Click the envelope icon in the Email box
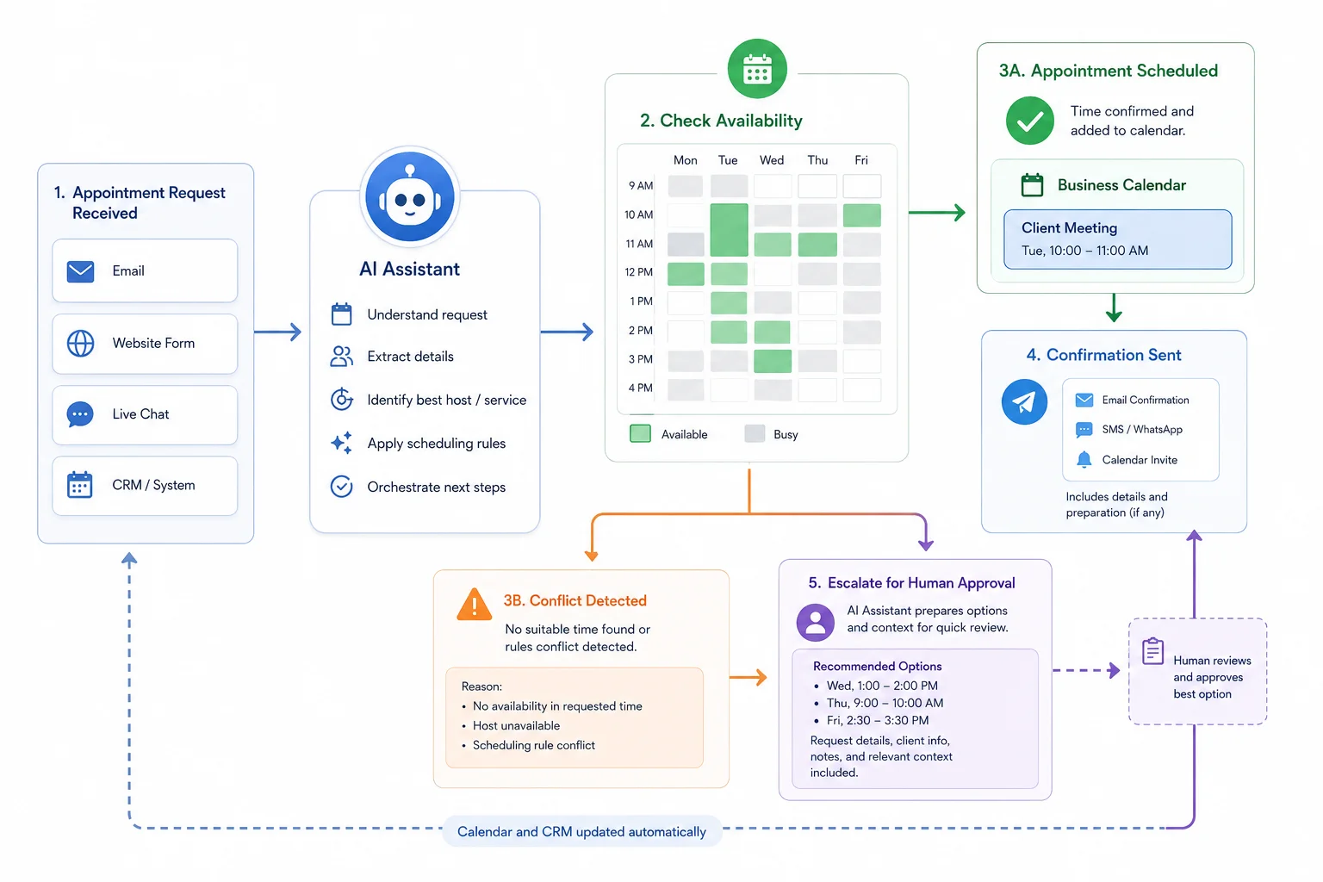(x=80, y=271)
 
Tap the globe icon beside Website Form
(x=80, y=343)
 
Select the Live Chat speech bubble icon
(x=80, y=414)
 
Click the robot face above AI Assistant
(x=410, y=196)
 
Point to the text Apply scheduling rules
(x=437, y=443)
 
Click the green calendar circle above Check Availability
(x=757, y=69)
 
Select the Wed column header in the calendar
(x=772, y=160)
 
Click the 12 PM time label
(x=638, y=271)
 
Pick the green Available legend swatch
(x=640, y=433)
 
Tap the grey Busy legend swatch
(x=755, y=433)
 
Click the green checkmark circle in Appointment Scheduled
(x=1030, y=121)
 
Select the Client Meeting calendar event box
(x=1117, y=239)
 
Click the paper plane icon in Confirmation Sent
(x=1024, y=401)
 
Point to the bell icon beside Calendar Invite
(x=1084, y=460)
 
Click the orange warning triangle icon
(x=475, y=605)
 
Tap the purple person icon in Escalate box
(x=815, y=622)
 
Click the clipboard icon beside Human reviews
(x=1152, y=651)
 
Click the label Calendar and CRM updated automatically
(x=581, y=832)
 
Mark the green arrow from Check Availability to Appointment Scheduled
(x=937, y=213)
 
